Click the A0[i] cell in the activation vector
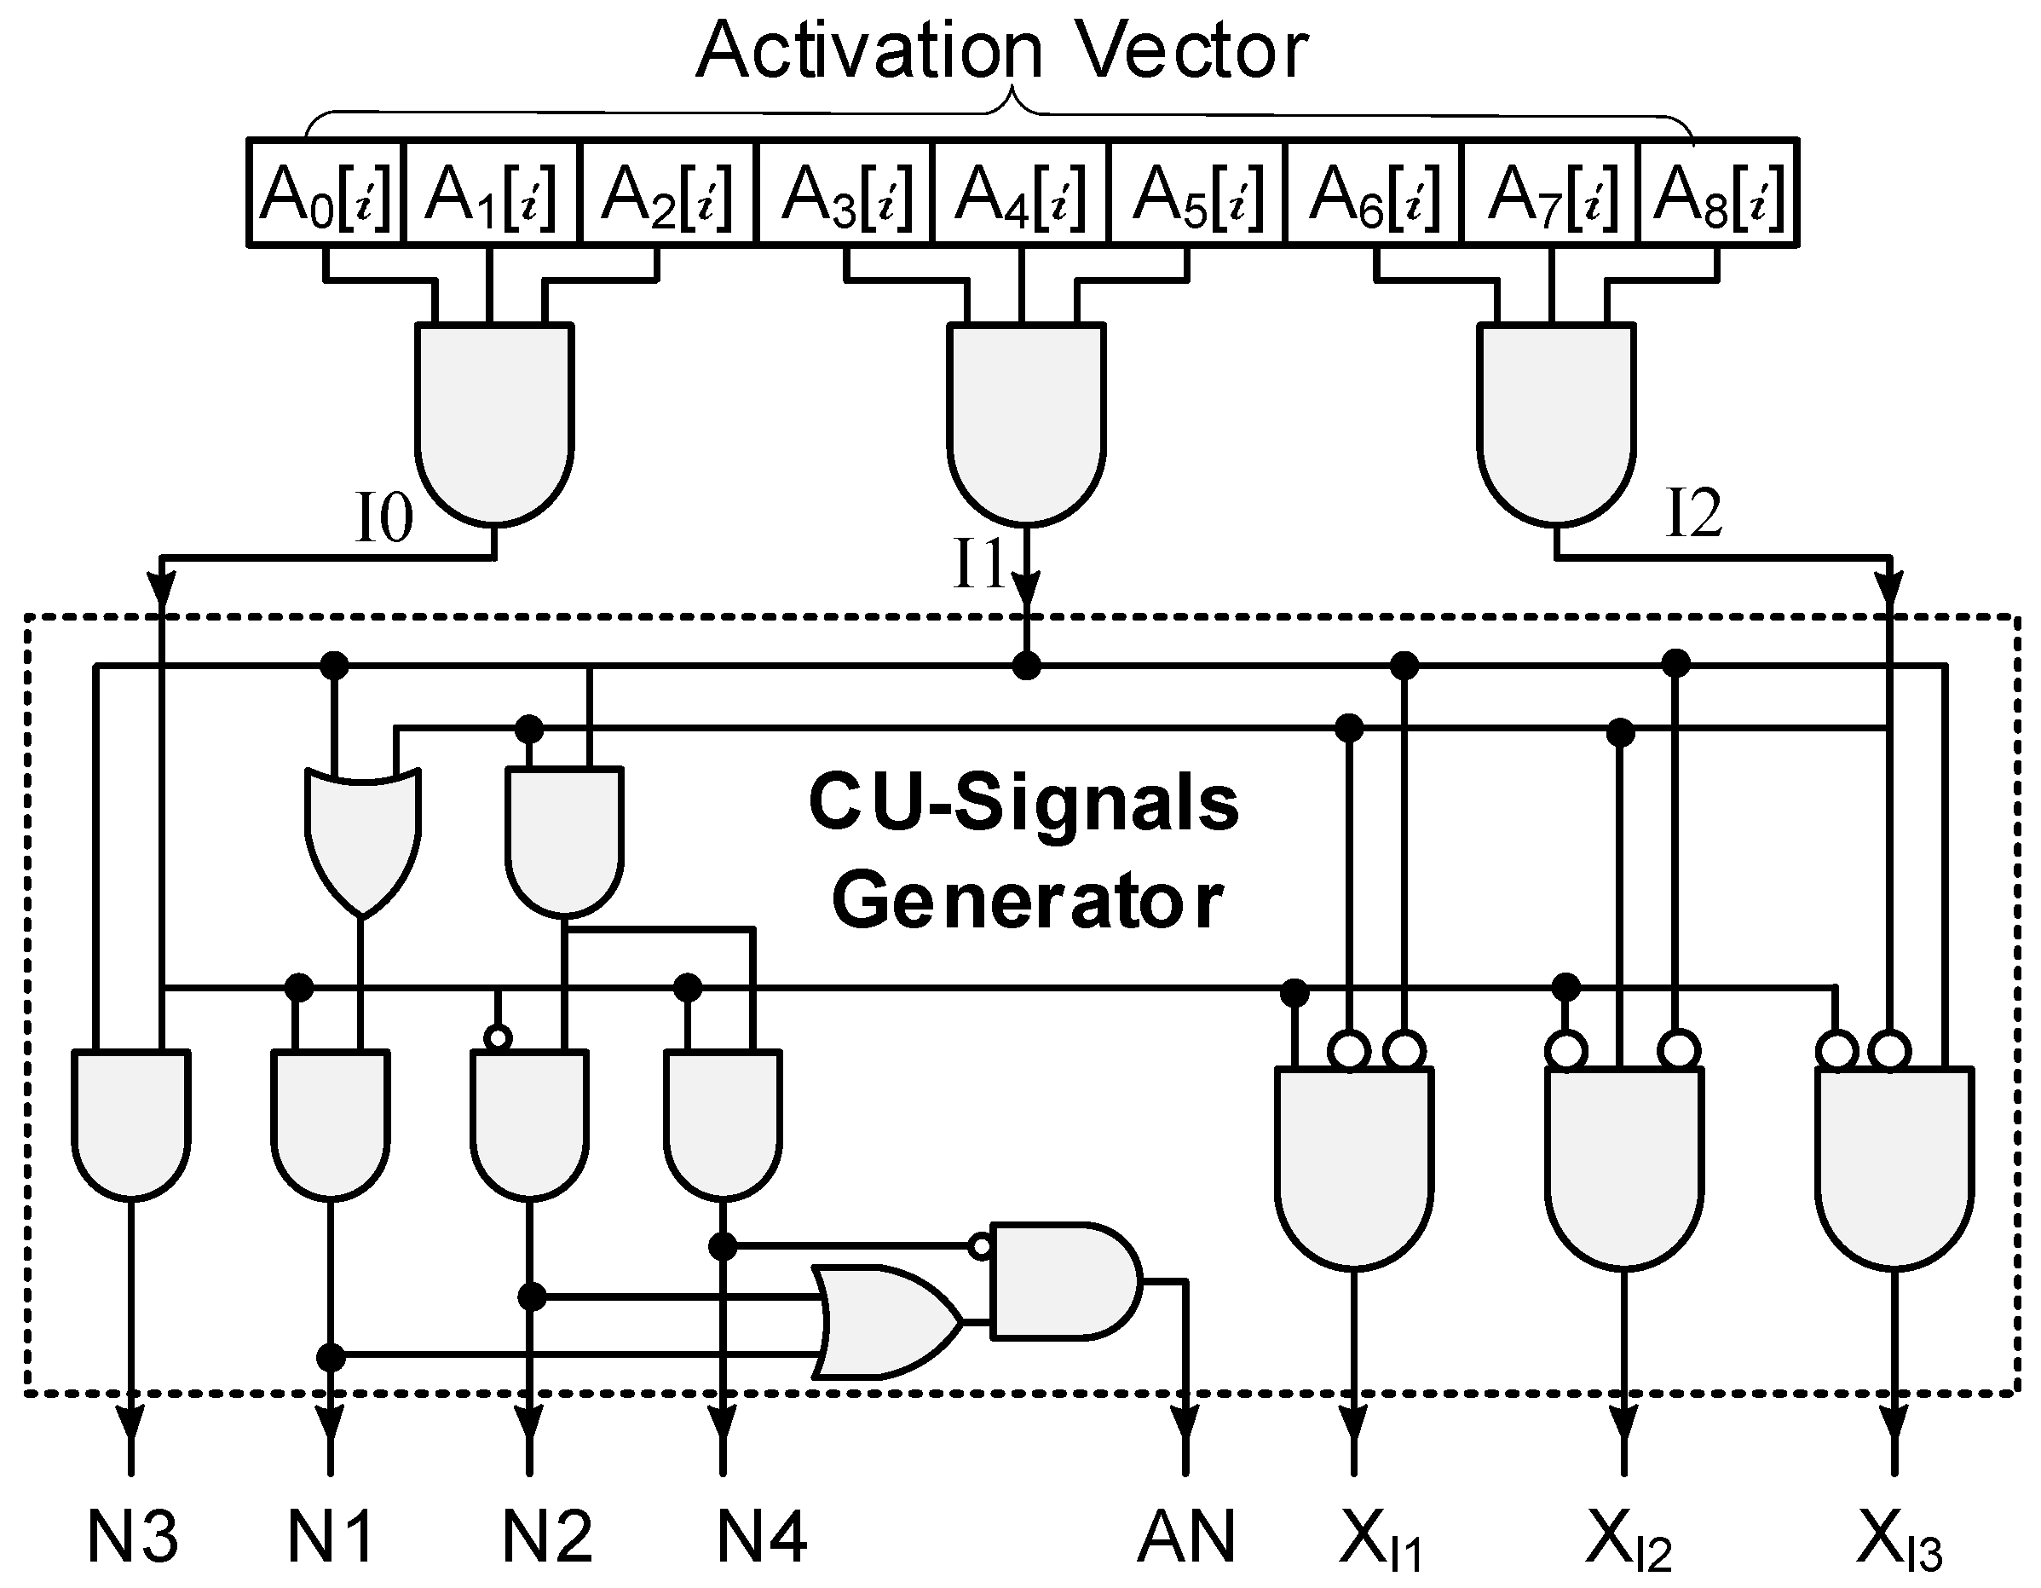(325, 193)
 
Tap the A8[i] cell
(1718, 193)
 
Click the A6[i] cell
(1373, 193)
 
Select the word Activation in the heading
(868, 51)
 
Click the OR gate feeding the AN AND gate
(883, 1321)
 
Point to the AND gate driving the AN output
(1061, 1280)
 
